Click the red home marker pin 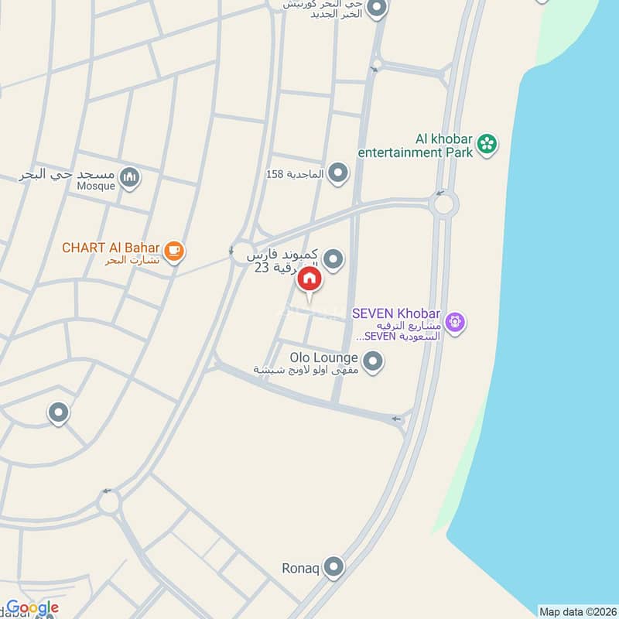point(309,279)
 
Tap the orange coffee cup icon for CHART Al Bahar point(175,250)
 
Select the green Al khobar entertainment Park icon point(487,143)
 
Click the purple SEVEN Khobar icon point(454,320)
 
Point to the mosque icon point(130,178)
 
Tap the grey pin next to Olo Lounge point(373,361)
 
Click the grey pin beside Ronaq point(334,568)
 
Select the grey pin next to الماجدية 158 point(337,173)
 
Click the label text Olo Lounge point(324,358)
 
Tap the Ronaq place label point(300,569)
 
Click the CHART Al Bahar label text point(111,248)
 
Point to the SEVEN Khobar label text point(396,313)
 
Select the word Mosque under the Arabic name point(96,186)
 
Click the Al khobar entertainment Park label point(415,146)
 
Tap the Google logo point(32,608)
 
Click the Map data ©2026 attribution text point(577,611)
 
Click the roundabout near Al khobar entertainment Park point(444,205)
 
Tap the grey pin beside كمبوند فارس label point(333,259)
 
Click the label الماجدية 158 point(295,174)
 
